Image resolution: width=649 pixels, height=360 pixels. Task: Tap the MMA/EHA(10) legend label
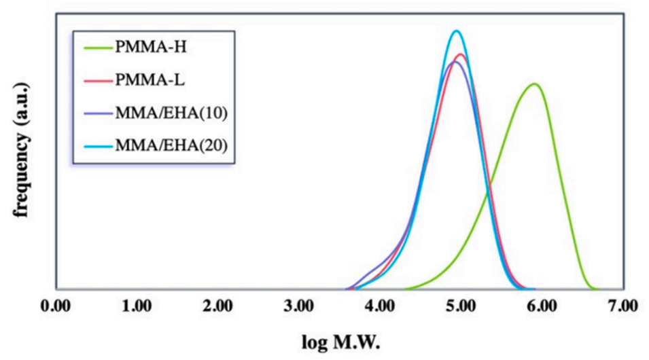click(x=169, y=113)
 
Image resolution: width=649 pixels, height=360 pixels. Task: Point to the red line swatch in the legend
click(x=97, y=81)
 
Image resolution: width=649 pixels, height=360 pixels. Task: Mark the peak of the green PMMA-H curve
click(x=536, y=84)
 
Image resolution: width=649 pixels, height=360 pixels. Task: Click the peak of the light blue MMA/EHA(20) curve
click(x=457, y=31)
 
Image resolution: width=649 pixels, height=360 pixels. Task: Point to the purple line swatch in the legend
click(x=97, y=113)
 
